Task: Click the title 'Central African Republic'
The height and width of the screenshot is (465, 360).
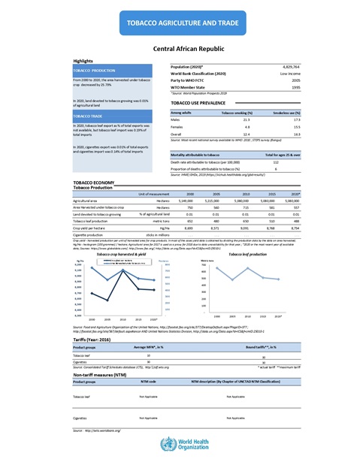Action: coord(180,47)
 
